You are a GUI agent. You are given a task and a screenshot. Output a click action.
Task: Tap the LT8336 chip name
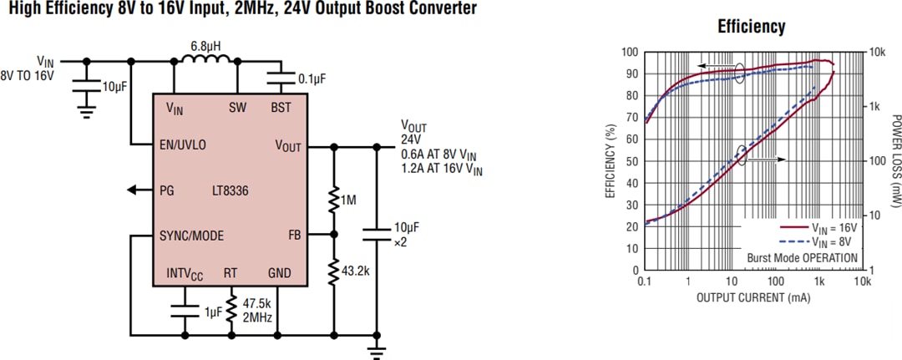229,190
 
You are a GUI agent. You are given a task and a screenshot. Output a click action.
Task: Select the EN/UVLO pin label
183,145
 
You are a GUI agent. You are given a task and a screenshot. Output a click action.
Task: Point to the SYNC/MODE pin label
192,236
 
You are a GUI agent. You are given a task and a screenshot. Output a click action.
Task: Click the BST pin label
281,108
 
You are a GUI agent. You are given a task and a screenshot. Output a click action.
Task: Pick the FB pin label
294,235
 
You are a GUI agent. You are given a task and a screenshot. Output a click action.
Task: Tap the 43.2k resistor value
354,271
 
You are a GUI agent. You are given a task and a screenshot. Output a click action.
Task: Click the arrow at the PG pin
134,190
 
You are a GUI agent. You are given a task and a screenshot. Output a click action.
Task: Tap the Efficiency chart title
752,27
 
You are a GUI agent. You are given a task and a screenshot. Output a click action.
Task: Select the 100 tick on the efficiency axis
630,52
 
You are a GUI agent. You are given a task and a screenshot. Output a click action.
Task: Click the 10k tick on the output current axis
863,283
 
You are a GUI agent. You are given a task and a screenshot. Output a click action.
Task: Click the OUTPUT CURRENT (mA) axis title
752,298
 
